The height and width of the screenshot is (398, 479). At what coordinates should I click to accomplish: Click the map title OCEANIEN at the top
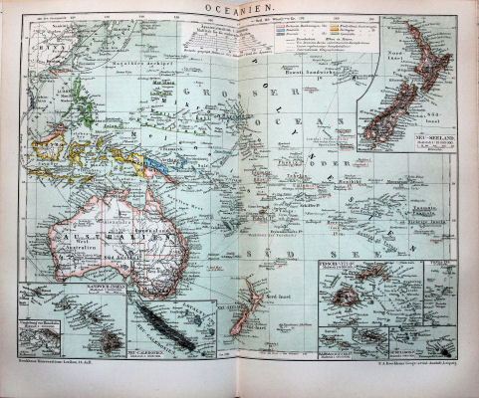(239, 8)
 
